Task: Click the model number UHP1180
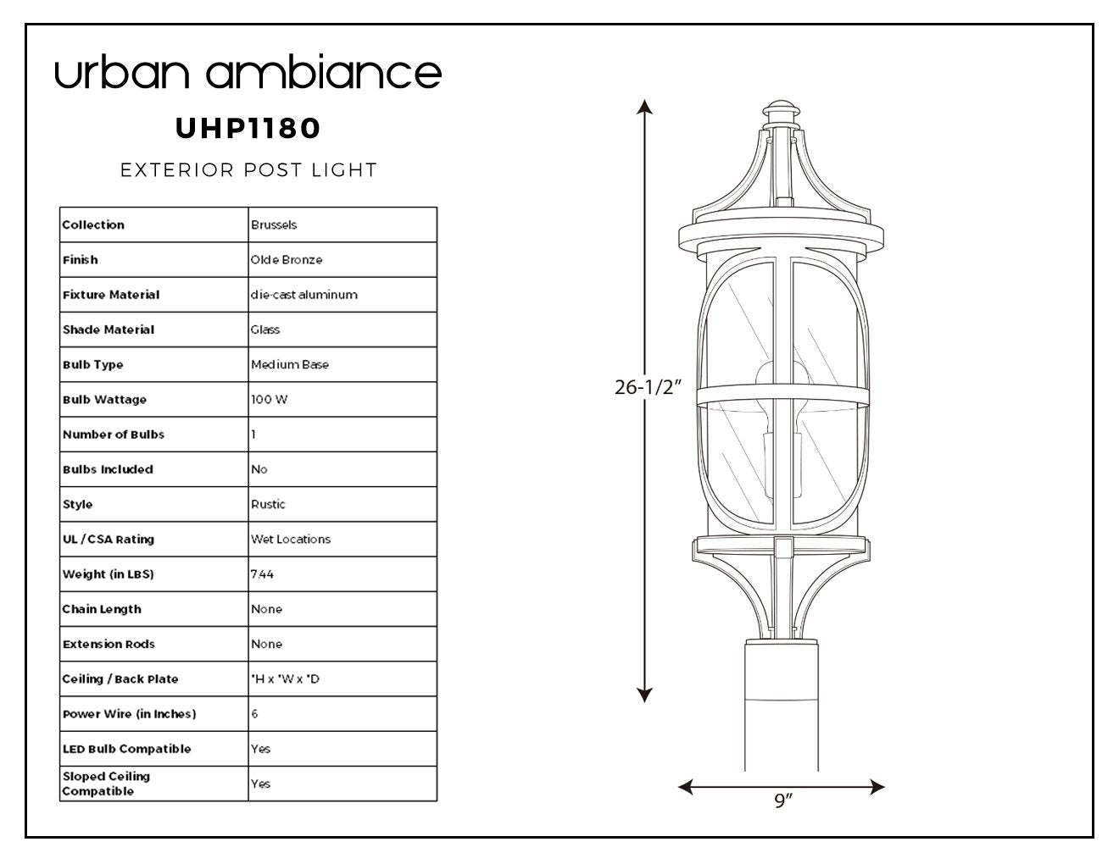click(x=248, y=128)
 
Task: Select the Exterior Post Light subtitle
click(x=248, y=169)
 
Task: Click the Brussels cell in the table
click(x=274, y=224)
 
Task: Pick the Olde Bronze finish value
click(x=287, y=260)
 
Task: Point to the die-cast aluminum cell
click(x=303, y=295)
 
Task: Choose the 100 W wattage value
click(x=270, y=399)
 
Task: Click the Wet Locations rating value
click(x=291, y=540)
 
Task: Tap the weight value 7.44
click(x=262, y=574)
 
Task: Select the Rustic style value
click(x=268, y=504)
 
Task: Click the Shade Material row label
click(x=109, y=330)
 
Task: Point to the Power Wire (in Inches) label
click(x=129, y=714)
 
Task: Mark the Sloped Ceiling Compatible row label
click(x=106, y=784)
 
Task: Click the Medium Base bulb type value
click(x=290, y=365)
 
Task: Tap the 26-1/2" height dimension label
click(x=649, y=387)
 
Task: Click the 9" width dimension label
click(x=783, y=800)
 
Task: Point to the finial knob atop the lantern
click(x=782, y=108)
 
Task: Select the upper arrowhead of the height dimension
click(x=645, y=107)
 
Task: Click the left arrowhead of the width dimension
click(x=686, y=787)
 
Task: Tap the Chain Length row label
click(x=102, y=609)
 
